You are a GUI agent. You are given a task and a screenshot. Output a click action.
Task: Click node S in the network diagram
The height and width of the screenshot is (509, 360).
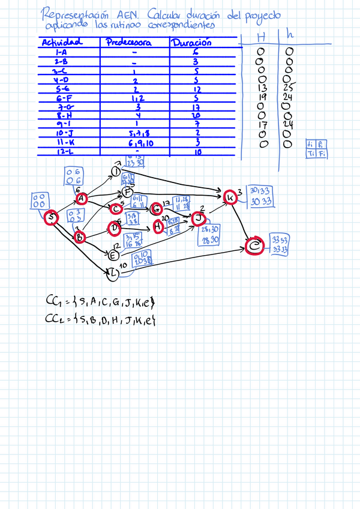pos(52,218)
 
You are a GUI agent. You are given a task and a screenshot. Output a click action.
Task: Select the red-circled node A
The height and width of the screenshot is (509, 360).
pos(82,199)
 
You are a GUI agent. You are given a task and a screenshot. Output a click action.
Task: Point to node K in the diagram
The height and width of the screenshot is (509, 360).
pos(230,197)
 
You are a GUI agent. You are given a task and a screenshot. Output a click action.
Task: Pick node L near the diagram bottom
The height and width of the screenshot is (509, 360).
pos(113,274)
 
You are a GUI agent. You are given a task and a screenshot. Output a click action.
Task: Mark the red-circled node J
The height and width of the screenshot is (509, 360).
pos(199,217)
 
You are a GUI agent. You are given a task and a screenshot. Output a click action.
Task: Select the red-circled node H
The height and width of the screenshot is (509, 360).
pos(158,226)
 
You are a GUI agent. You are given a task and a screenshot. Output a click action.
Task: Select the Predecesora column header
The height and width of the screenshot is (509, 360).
pos(128,43)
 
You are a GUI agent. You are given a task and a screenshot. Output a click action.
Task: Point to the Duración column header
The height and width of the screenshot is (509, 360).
pos(191,43)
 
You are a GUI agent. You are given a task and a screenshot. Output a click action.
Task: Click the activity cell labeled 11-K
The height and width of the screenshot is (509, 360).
pos(62,142)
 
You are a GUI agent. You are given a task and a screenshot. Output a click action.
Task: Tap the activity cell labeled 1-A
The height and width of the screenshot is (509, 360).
pos(61,52)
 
